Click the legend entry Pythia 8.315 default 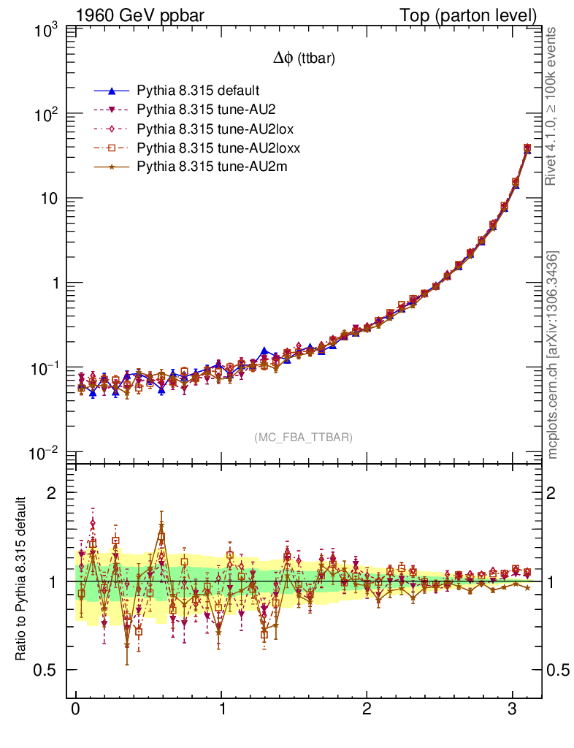(197, 91)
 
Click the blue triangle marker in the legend (112, 91)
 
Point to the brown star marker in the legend (112, 167)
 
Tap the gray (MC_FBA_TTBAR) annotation (304, 438)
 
